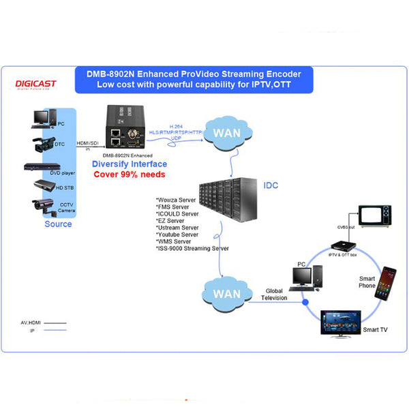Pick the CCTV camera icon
pos(42,204)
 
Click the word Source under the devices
pos(58,224)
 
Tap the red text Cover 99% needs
pos(130,175)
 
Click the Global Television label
pos(275,294)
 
